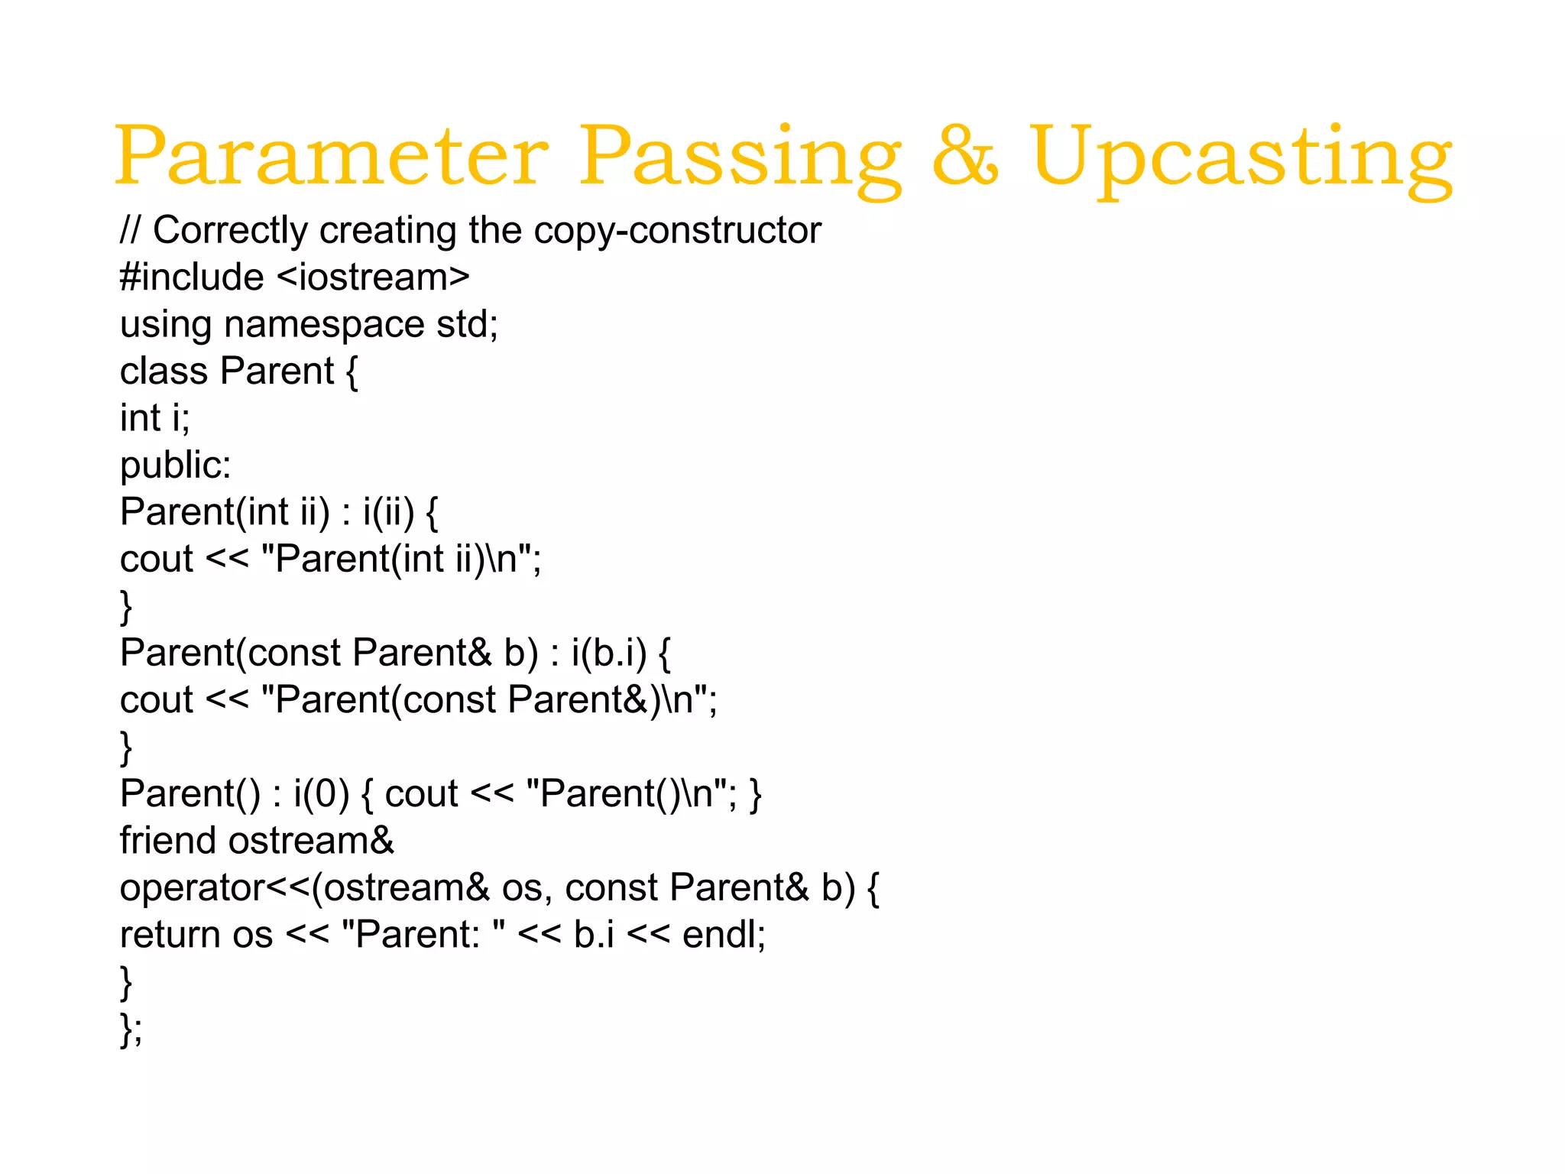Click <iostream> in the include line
tap(373, 277)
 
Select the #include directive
tap(192, 277)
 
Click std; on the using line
tap(467, 324)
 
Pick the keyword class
tap(164, 371)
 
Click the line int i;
tap(155, 418)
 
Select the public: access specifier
tap(176, 465)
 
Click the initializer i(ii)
tap(388, 512)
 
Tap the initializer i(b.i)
tap(608, 653)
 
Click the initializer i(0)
tap(321, 794)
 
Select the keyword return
tap(170, 935)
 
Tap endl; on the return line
tap(724, 935)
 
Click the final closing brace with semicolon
tap(131, 1029)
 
